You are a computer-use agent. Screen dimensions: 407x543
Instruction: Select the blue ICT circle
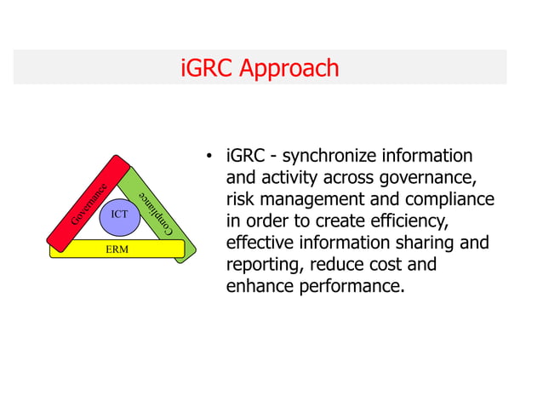[x=118, y=215]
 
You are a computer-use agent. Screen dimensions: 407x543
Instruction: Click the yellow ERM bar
[x=117, y=249]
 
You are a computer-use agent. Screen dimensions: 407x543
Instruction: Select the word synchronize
[x=331, y=157]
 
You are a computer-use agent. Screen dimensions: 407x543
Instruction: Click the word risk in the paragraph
[x=240, y=200]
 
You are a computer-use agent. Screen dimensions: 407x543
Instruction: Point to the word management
[x=313, y=200]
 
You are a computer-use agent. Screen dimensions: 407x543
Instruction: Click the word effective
[x=262, y=243]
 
